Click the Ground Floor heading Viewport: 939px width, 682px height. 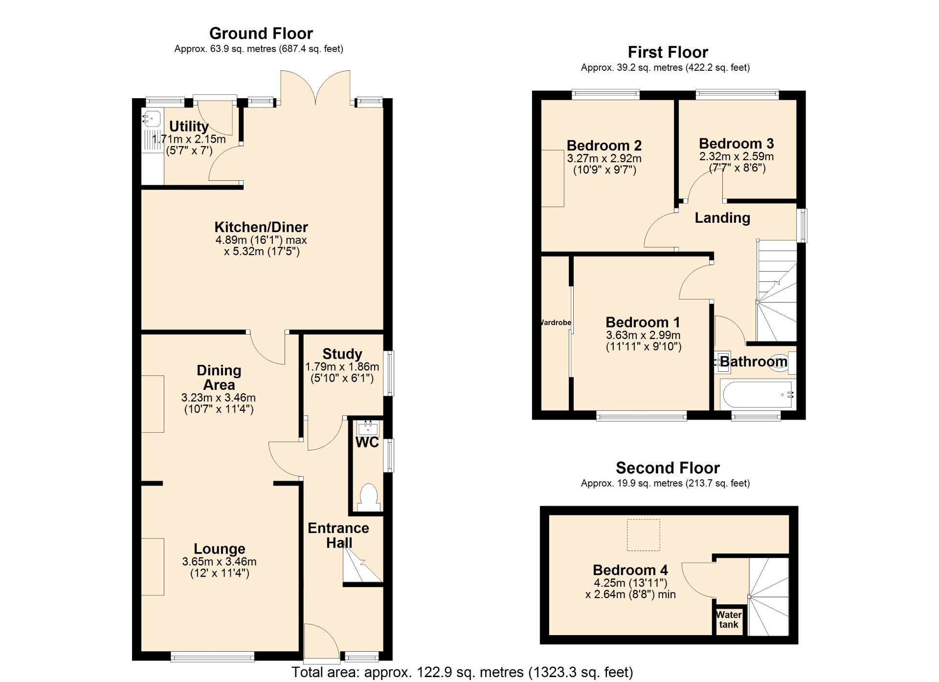point(261,33)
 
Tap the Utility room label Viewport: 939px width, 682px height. point(189,126)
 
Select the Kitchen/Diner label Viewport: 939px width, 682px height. point(261,227)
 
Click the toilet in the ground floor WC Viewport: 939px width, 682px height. point(368,497)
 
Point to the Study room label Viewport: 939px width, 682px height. point(342,354)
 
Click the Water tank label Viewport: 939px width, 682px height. point(729,619)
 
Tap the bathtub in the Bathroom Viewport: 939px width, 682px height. point(757,394)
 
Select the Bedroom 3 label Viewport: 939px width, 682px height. point(737,143)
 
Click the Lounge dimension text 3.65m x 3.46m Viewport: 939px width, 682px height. point(219,562)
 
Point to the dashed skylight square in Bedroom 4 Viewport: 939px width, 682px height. point(644,535)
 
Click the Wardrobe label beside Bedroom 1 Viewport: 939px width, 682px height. point(556,322)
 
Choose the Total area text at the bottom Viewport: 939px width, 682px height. point(462,672)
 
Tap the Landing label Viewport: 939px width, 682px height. point(722,217)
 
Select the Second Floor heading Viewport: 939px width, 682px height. point(668,468)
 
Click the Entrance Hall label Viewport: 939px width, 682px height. point(338,535)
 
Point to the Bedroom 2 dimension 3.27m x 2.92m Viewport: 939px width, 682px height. point(604,158)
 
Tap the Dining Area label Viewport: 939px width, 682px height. point(219,377)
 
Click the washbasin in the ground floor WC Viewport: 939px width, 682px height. point(368,428)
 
